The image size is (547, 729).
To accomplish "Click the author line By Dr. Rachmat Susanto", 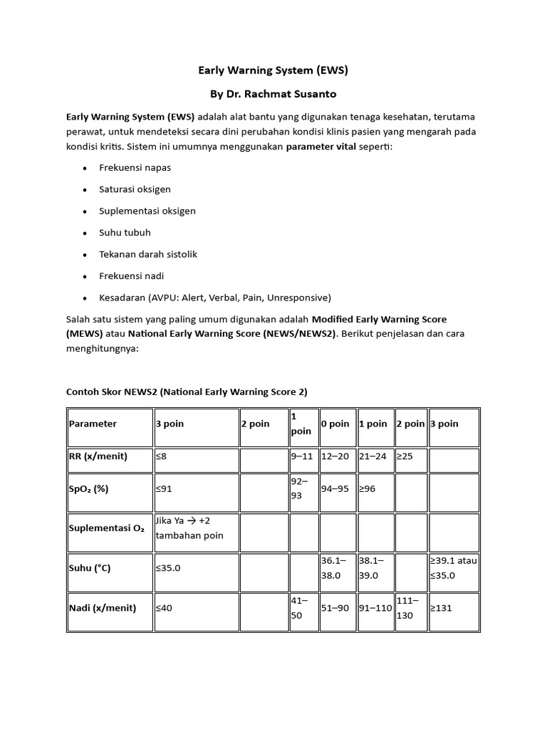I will pyautogui.click(x=273, y=93).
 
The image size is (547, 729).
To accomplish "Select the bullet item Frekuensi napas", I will pyautogui.click(x=135, y=168).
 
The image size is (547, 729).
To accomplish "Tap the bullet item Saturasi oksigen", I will pyautogui.click(x=135, y=189).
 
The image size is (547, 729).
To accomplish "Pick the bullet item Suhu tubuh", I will pyautogui.click(x=125, y=232).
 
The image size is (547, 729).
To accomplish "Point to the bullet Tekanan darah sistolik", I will pyautogui.click(x=147, y=254).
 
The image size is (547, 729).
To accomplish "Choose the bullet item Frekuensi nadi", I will pyautogui.click(x=131, y=276).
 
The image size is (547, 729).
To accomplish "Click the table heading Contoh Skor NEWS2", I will pyautogui.click(x=186, y=392).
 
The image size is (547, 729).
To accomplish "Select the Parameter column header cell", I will pyautogui.click(x=93, y=424).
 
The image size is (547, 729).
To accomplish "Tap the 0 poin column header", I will pyautogui.click(x=335, y=424).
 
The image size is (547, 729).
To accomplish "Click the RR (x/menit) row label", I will pyautogui.click(x=98, y=456).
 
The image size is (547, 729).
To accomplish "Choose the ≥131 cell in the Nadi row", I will pyautogui.click(x=441, y=608).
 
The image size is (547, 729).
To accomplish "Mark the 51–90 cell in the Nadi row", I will pyautogui.click(x=335, y=608).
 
